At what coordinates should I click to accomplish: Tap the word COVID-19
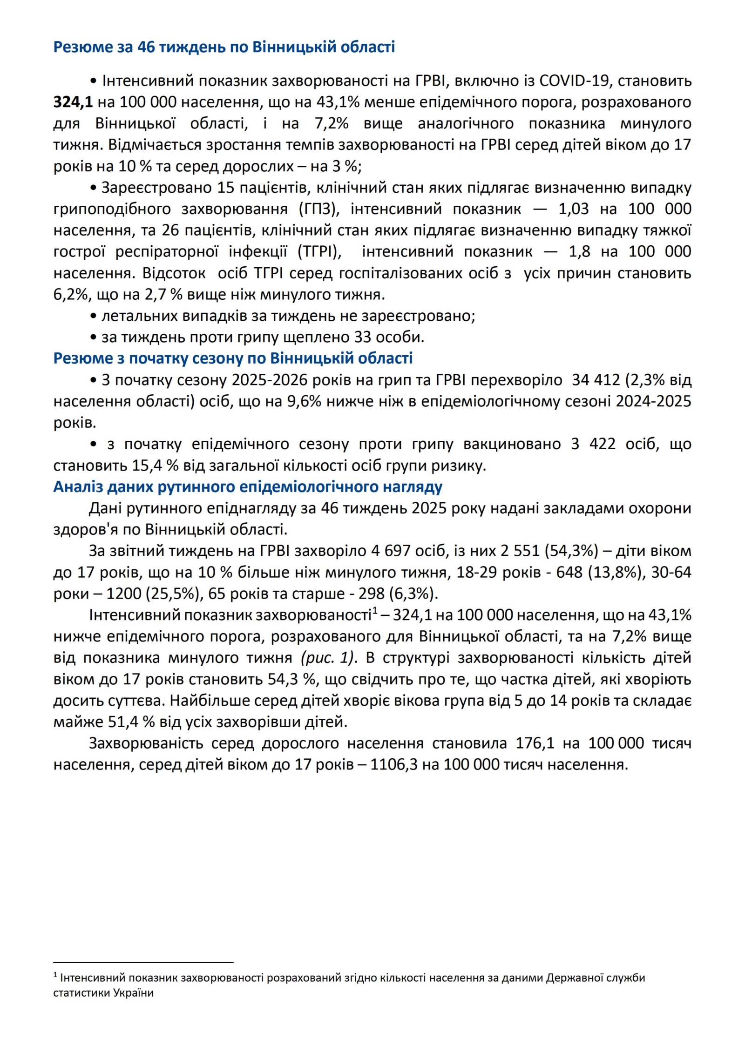pos(574,81)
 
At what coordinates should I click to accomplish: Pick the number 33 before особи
pos(363,337)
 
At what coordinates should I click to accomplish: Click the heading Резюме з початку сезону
pos(233,358)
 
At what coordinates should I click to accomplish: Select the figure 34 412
pos(596,380)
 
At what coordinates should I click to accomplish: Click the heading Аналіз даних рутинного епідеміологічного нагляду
pos(248,486)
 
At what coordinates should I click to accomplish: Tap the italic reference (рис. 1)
pos(328,658)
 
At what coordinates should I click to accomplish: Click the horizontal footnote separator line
pos(143,962)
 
